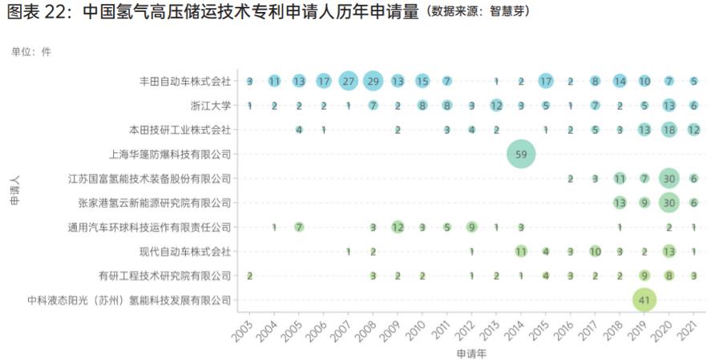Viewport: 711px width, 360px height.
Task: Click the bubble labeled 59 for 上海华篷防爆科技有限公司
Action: point(520,154)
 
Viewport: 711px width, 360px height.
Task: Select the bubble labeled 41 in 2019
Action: point(644,301)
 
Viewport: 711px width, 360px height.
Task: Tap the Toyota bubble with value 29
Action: point(373,81)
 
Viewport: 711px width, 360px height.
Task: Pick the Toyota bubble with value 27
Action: point(348,81)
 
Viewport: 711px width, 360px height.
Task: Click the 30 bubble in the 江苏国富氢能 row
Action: point(669,179)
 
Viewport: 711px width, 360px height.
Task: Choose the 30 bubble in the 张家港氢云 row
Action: point(669,203)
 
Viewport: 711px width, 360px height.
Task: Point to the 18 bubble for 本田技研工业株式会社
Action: point(669,130)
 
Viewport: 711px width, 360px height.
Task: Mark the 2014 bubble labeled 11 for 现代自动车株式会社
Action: point(521,252)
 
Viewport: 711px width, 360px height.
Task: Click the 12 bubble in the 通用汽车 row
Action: point(398,227)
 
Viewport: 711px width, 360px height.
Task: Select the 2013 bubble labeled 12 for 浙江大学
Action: point(496,106)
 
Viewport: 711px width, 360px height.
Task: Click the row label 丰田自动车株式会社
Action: point(185,81)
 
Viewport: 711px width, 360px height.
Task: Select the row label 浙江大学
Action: point(212,106)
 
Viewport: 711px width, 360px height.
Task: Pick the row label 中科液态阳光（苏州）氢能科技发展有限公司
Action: point(129,301)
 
